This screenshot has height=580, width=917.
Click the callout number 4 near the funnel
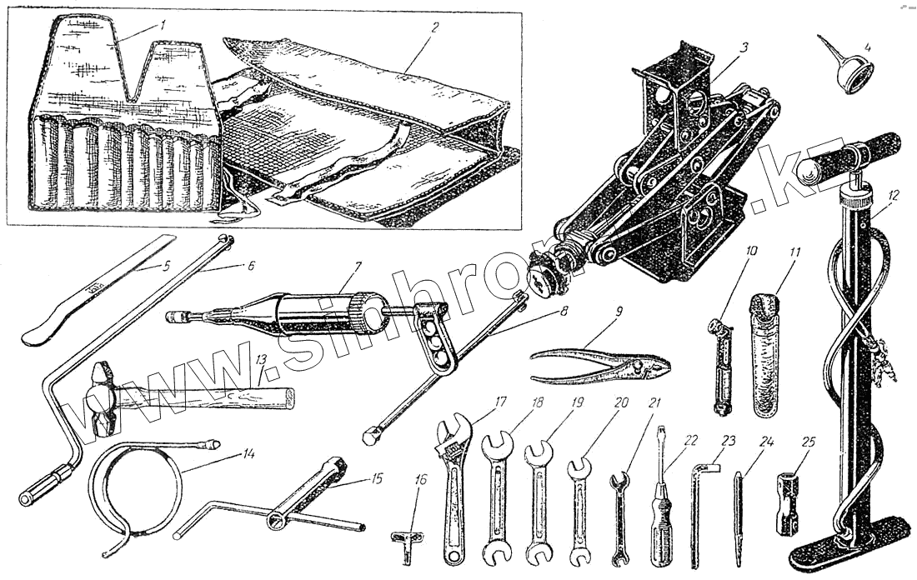pyautogui.click(x=868, y=47)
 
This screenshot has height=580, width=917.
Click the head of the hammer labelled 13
pyautogui.click(x=103, y=398)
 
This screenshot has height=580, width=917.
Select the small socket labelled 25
pyautogui.click(x=788, y=503)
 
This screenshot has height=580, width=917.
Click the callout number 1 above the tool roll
pyautogui.click(x=163, y=26)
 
